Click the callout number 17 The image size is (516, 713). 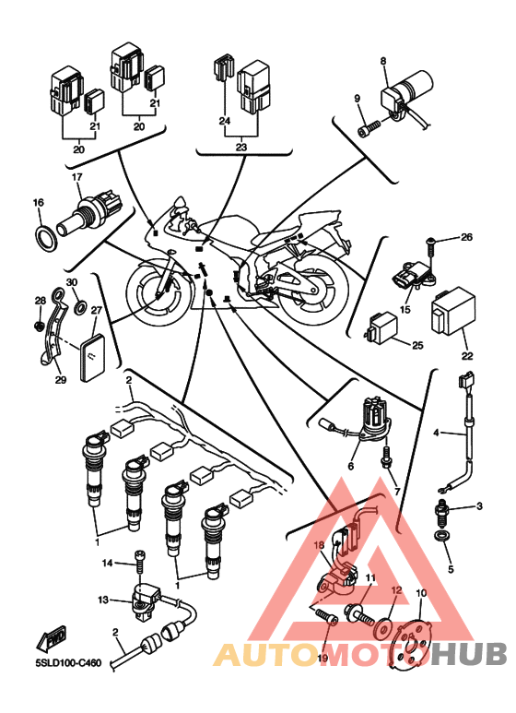click(x=76, y=176)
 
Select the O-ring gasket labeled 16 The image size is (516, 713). click(x=45, y=237)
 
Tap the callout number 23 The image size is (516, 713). click(x=241, y=147)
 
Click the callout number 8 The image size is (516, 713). click(x=383, y=60)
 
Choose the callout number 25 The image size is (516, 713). click(x=417, y=345)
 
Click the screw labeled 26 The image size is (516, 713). click(x=430, y=247)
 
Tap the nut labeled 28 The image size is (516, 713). click(x=39, y=326)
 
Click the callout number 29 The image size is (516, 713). click(x=61, y=379)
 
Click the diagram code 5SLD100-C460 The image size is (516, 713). click(x=68, y=663)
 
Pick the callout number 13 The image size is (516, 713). click(x=103, y=600)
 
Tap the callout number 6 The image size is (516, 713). click(x=351, y=466)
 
